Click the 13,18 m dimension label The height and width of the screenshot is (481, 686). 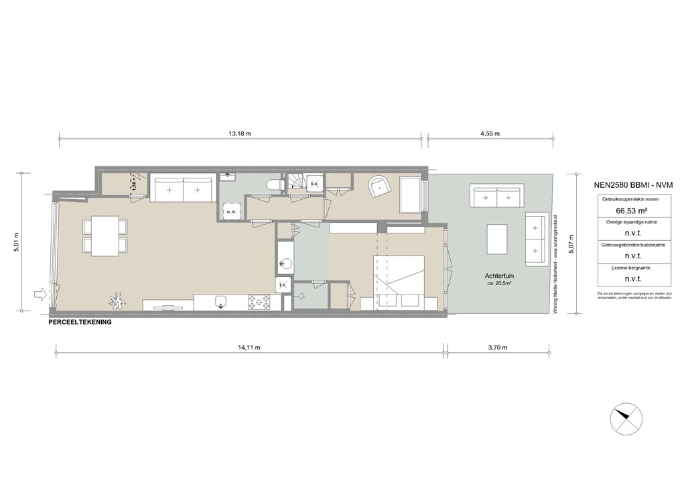pyautogui.click(x=240, y=133)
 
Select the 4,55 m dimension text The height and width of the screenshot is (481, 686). pyautogui.click(x=490, y=133)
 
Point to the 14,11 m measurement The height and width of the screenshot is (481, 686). pyautogui.click(x=249, y=348)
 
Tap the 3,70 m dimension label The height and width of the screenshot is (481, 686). pyautogui.click(x=496, y=348)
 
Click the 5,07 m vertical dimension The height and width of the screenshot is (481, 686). pyautogui.click(x=571, y=242)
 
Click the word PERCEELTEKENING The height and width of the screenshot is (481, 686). pyautogui.click(x=80, y=322)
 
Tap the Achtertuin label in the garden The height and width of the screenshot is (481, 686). pyautogui.click(x=499, y=276)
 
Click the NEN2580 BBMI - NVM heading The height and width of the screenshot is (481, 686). pyautogui.click(x=633, y=184)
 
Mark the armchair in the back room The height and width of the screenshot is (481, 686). pyautogui.click(x=379, y=186)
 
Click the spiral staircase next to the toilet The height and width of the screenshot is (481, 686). pyautogui.click(x=297, y=182)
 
